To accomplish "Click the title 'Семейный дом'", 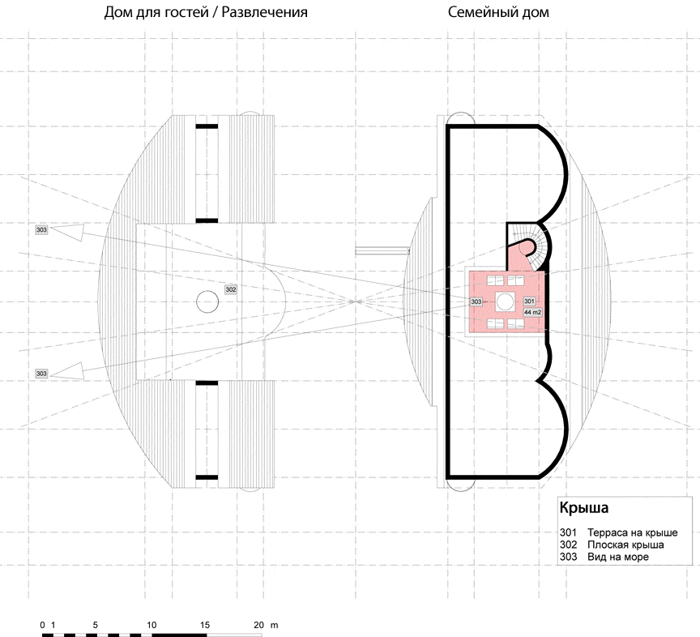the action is pos(498,12).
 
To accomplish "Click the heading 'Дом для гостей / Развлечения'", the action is pos(206,12).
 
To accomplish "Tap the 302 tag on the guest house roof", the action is pos(231,289).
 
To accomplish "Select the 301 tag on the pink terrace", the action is pos(529,301).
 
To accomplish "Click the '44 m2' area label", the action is pos(532,312).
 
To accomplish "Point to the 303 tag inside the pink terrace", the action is pos(476,301).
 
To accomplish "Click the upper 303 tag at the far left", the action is pos(41,229).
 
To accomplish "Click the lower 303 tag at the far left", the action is pos(41,374).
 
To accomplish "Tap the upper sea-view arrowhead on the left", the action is pos(67,233).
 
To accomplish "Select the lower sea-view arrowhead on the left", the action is pos(67,372).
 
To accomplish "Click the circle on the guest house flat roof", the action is pos(207,301).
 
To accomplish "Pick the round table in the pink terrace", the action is pos(506,301).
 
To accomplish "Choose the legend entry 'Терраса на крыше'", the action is pos(632,532).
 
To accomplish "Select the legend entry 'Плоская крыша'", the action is pos(625,545).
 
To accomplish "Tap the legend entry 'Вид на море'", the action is pos(618,557).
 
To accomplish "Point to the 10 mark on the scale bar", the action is pos(152,625).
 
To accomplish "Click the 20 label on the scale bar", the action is pos(258,625).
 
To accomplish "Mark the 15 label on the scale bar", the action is pos(204,625).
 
